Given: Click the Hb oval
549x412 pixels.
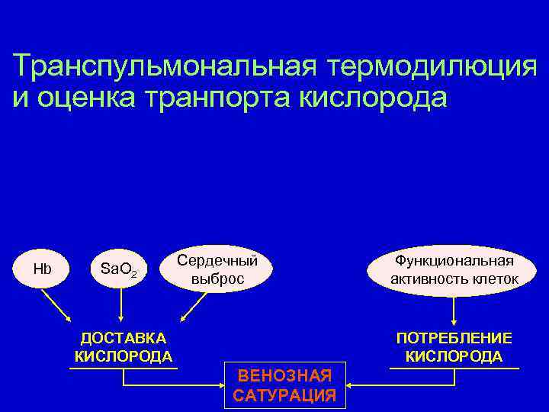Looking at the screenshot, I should click(x=42, y=270).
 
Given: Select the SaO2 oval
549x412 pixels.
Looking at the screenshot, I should click(x=119, y=270).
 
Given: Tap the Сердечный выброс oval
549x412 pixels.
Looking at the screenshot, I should click(x=217, y=269).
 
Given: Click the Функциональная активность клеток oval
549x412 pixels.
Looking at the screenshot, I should click(x=454, y=270).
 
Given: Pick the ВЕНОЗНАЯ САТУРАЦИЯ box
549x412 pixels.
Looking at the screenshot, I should click(x=285, y=385).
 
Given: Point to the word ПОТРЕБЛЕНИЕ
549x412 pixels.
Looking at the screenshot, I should click(x=454, y=338).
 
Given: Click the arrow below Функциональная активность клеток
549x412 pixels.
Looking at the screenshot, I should click(x=454, y=311).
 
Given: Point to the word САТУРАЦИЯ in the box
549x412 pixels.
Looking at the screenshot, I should click(x=285, y=395).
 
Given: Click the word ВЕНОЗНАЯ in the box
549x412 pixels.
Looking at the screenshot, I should click(x=285, y=375).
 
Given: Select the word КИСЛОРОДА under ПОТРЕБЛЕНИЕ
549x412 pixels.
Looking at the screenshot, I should click(x=454, y=356).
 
